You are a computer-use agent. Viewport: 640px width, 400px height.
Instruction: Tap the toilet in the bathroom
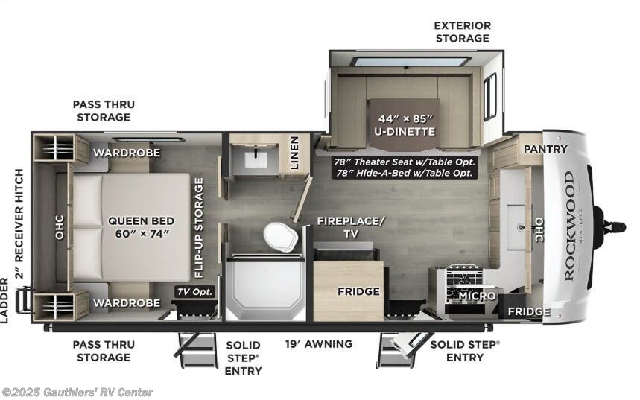280,237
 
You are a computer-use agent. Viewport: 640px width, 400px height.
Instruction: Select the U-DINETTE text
405,131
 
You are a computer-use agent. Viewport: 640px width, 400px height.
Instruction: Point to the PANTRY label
545,149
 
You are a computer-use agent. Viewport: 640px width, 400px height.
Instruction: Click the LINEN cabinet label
294,153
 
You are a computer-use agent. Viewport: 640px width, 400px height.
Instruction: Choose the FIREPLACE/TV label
351,227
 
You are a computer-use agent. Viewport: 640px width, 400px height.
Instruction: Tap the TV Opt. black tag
194,292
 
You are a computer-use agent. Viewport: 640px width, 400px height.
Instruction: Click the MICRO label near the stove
477,296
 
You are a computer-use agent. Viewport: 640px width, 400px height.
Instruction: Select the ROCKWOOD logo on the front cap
570,226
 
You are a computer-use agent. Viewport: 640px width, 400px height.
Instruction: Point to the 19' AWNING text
319,344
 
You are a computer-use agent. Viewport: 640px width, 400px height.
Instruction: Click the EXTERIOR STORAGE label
463,32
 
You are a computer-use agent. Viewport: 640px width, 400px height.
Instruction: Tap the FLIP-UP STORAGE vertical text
199,228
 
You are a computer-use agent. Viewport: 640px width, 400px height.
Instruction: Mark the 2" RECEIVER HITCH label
19,223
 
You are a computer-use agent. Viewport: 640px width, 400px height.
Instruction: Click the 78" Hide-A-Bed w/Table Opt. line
405,173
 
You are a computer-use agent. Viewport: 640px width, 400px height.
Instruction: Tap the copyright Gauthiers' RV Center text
77,393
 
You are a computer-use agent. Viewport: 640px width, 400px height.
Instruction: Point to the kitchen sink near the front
516,227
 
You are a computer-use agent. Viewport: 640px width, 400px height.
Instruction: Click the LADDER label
4,295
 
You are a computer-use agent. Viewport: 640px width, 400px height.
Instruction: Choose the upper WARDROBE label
127,153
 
